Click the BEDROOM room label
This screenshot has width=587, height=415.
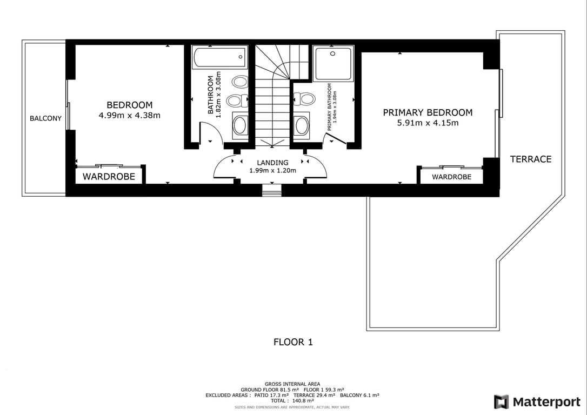(x=129, y=105)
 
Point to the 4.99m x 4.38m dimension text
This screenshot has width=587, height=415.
(x=129, y=115)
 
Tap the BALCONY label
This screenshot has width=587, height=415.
(x=45, y=118)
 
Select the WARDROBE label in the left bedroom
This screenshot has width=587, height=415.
(x=108, y=177)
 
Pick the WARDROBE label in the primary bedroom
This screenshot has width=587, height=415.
(x=451, y=177)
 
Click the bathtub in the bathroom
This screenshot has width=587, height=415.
(x=219, y=57)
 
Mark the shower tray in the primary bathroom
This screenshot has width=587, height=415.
(x=333, y=64)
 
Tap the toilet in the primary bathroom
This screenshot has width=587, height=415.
(x=304, y=99)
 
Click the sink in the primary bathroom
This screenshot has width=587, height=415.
(x=301, y=125)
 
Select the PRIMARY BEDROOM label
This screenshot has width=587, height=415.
(x=428, y=112)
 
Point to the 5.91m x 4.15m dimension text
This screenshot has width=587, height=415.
(x=428, y=123)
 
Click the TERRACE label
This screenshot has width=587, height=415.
(x=531, y=159)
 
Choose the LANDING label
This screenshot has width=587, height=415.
(x=272, y=162)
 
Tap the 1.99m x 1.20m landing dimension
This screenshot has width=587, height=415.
(x=272, y=171)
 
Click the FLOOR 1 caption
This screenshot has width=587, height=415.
(x=293, y=342)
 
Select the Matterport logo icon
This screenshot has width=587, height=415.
(x=501, y=402)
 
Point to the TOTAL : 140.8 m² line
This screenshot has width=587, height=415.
(x=292, y=401)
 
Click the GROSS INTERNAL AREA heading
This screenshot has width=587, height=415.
(x=292, y=384)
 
